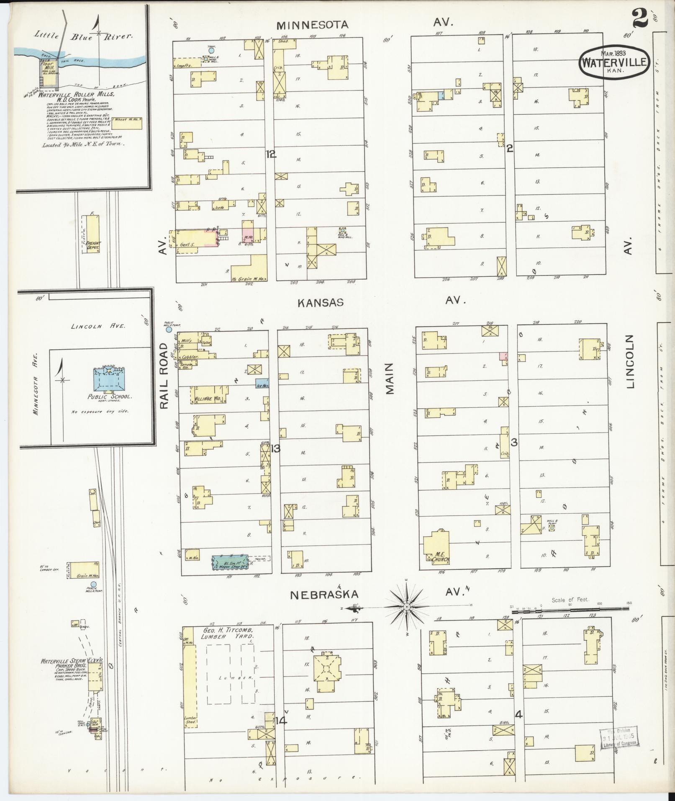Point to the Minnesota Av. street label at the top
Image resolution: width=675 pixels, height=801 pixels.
point(312,25)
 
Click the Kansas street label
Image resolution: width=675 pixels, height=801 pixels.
point(321,302)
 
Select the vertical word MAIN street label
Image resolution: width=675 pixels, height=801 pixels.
point(390,378)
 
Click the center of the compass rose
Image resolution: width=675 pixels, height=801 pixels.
point(406,607)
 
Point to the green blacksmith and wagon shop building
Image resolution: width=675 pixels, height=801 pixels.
point(229,562)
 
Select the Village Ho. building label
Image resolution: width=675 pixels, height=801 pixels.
point(208,399)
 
